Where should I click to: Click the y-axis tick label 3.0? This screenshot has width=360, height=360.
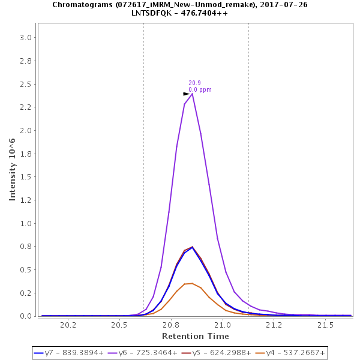(25, 38)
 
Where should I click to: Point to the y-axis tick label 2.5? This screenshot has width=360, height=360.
(25, 84)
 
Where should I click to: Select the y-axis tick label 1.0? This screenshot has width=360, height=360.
(25, 223)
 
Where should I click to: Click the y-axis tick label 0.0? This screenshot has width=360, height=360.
(25, 316)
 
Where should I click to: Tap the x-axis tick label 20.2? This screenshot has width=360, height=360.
(68, 325)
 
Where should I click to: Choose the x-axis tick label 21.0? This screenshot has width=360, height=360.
(223, 325)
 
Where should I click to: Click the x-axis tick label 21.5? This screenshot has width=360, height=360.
(325, 325)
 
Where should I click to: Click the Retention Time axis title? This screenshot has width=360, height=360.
(196, 336)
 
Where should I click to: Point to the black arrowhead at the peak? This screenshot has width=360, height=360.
(187, 94)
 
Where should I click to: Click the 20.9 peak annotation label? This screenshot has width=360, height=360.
(194, 83)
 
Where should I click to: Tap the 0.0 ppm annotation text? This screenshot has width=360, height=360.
(200, 90)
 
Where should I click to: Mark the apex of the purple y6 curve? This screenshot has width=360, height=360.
(192, 94)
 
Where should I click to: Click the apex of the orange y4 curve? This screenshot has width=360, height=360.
(192, 283)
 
